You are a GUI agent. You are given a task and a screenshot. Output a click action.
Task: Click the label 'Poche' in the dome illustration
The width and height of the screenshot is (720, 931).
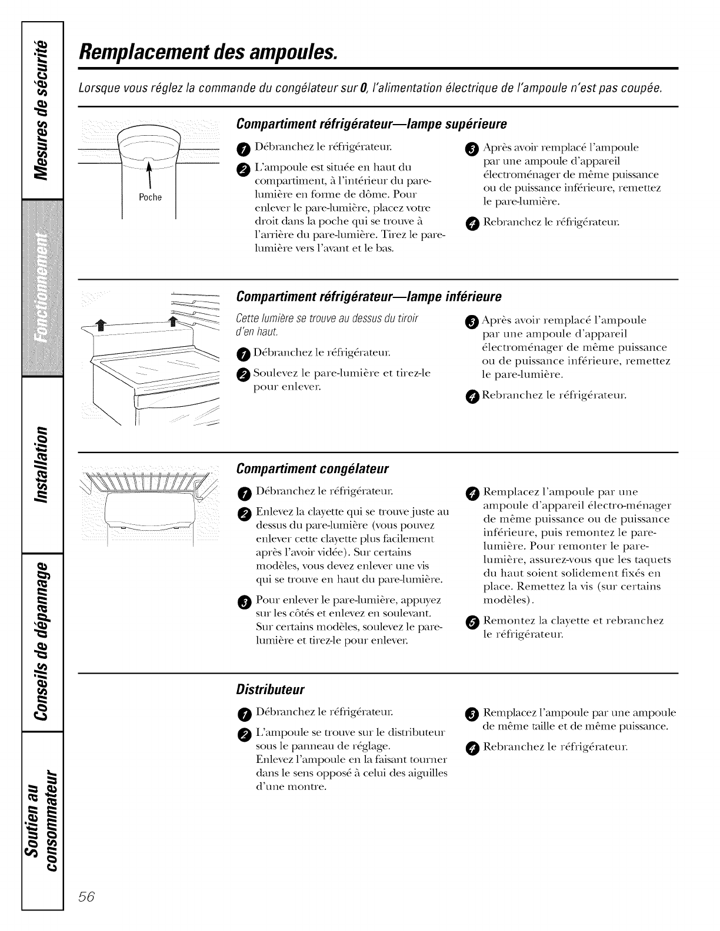[x=150, y=197]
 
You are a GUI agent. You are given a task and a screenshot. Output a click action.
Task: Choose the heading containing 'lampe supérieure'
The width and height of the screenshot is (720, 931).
[x=371, y=124]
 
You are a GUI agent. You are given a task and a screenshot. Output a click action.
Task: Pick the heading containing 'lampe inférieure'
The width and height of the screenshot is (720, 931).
[x=368, y=295]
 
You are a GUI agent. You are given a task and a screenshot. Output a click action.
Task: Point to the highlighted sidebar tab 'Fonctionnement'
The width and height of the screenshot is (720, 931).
[x=42, y=288]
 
